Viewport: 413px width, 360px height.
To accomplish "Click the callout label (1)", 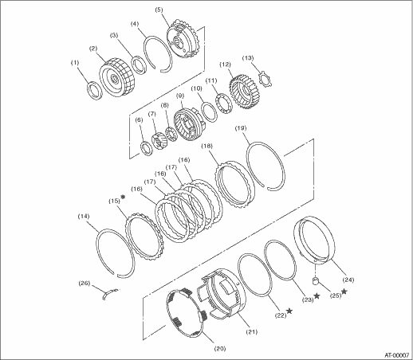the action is click(75, 63).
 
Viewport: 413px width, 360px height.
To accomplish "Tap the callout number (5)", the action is click(159, 10).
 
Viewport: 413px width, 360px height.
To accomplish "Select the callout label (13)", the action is click(248, 58).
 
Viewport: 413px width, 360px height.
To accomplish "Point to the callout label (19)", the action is click(241, 128).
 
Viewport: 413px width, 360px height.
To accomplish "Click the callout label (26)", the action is click(84, 283).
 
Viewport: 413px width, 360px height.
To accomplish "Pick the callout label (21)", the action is click(251, 331).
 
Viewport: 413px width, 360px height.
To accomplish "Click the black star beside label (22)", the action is click(289, 311).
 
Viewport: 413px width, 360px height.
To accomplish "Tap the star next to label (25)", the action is click(344, 292).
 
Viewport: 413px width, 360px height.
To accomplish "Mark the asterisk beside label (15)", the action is click(123, 197).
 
